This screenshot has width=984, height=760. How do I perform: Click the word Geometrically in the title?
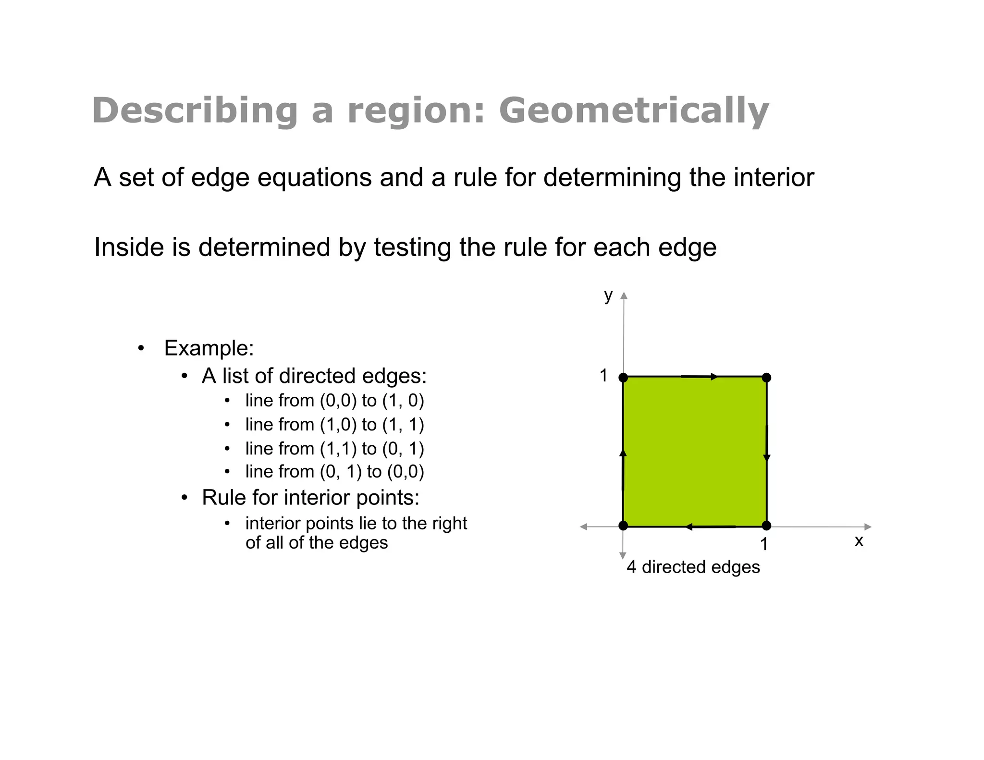click(x=634, y=111)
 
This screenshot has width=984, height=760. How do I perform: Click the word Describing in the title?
click(x=195, y=111)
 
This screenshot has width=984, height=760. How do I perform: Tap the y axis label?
click(x=608, y=295)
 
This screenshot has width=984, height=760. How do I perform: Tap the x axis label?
click(x=859, y=541)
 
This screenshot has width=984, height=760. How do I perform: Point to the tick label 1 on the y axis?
click(x=604, y=376)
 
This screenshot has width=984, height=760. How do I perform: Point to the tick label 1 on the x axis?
click(x=764, y=544)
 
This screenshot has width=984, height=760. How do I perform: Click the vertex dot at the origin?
click(x=623, y=526)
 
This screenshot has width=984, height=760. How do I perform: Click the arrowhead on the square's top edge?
click(x=714, y=377)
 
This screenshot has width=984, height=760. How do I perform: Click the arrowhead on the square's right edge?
click(x=767, y=458)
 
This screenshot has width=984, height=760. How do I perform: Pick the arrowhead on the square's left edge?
click(x=623, y=453)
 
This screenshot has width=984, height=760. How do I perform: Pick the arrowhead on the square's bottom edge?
click(x=689, y=527)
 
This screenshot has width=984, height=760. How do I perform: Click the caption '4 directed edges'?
click(x=693, y=567)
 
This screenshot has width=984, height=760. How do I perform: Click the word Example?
click(x=209, y=348)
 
